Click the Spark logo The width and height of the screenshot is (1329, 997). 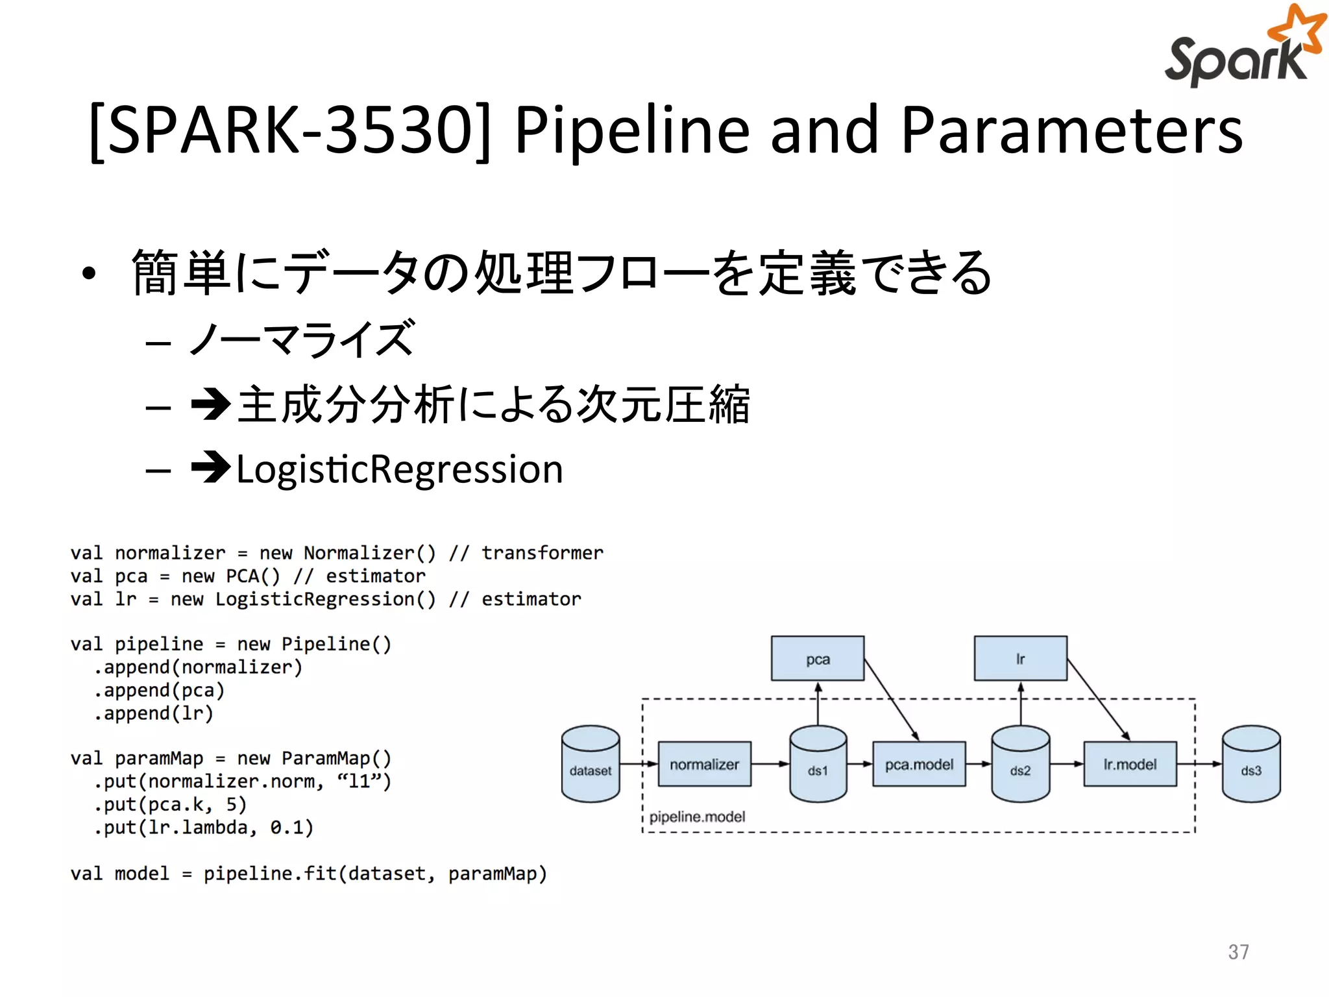(1243, 49)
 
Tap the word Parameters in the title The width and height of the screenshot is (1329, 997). (1071, 130)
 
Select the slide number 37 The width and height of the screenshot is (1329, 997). (1238, 952)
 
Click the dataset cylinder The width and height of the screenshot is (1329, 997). (591, 764)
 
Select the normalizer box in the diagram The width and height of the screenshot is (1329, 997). (704, 764)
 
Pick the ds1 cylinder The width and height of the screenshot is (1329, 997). (818, 764)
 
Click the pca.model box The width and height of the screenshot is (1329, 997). (919, 764)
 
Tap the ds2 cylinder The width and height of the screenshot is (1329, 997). (1020, 764)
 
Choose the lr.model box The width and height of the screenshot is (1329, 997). (1130, 764)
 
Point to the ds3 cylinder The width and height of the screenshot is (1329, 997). (1250, 764)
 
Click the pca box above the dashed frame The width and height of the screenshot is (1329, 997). (818, 659)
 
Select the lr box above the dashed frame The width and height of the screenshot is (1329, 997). (1020, 659)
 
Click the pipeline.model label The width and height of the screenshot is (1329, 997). (697, 817)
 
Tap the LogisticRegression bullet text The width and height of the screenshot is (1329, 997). (399, 469)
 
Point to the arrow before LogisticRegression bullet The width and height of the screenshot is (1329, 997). (211, 467)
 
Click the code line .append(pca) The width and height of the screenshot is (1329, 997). (159, 690)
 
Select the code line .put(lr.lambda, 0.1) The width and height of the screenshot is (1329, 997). (203, 828)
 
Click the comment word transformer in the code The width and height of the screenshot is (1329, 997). (542, 553)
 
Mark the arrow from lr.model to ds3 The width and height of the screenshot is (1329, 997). (1199, 764)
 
